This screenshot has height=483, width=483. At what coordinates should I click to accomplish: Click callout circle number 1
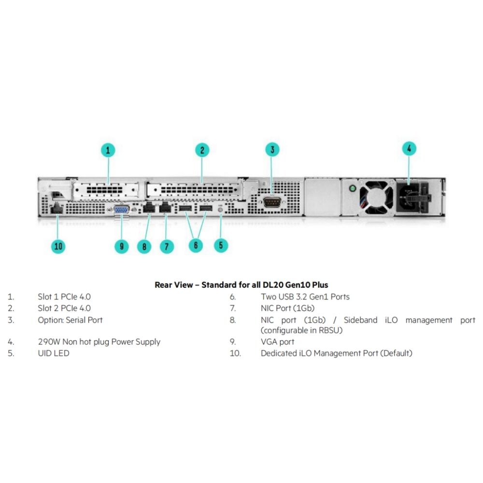pyautogui.click(x=108, y=150)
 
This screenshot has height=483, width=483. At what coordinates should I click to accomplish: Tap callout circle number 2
pyautogui.click(x=202, y=150)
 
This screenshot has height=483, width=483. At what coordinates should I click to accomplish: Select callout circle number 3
pyautogui.click(x=272, y=149)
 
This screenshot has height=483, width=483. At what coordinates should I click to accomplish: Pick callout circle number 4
pyautogui.click(x=409, y=149)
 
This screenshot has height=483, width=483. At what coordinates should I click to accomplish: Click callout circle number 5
pyautogui.click(x=221, y=245)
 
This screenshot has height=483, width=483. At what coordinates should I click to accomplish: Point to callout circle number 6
pyautogui.click(x=196, y=245)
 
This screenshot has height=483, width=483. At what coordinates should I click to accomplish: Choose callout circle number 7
pyautogui.click(x=167, y=246)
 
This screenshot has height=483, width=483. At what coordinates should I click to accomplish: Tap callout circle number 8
pyautogui.click(x=144, y=246)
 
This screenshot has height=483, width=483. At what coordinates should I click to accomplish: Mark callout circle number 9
pyautogui.click(x=122, y=246)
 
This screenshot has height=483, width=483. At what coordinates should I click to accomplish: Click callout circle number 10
pyautogui.click(x=58, y=246)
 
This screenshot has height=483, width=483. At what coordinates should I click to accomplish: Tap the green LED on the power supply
pyautogui.click(x=353, y=187)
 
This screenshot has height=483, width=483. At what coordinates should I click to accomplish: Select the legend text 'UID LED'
pyautogui.click(x=54, y=353)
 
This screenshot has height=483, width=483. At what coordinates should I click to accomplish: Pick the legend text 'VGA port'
pyautogui.click(x=277, y=342)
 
